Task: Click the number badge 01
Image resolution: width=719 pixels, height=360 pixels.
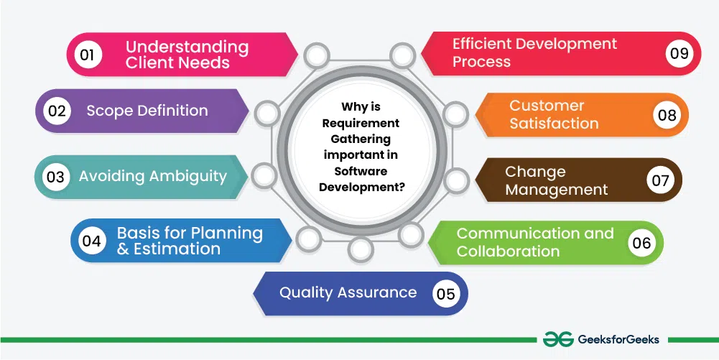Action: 87,55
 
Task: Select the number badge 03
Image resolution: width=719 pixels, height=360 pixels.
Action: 55,176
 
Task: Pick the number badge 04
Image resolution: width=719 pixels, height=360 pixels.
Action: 91,241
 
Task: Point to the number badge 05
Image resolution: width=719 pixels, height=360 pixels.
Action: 445,293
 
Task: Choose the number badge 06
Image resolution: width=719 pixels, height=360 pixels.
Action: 641,243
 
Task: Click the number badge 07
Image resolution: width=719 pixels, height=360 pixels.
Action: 660,180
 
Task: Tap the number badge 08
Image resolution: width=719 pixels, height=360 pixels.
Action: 667,115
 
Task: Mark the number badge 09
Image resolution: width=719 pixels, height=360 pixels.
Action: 679,53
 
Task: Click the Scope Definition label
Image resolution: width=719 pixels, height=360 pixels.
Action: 147,111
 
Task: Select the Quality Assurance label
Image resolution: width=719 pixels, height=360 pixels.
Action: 348,292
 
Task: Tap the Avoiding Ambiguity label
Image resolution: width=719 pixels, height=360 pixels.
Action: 152,176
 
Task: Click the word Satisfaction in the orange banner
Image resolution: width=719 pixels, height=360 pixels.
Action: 554,123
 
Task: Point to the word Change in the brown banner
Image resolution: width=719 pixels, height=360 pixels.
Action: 535,172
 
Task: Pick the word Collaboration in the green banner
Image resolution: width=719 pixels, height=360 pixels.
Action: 508,251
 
